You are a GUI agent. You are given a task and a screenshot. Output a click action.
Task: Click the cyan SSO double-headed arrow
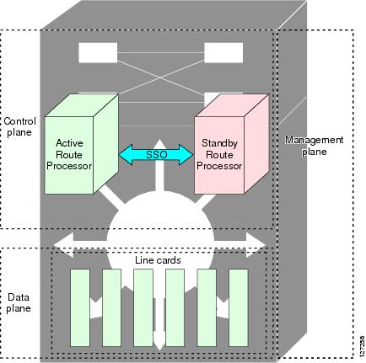click(x=156, y=154)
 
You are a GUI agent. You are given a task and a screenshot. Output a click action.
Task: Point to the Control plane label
click(x=19, y=126)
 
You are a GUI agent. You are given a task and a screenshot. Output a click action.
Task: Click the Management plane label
click(x=314, y=146)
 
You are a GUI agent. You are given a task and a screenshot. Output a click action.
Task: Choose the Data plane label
click(x=19, y=302)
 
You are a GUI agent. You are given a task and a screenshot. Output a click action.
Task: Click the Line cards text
click(x=158, y=260)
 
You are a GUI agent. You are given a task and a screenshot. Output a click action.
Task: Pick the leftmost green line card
click(x=80, y=307)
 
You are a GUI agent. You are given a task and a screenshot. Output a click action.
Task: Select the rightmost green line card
click(x=239, y=307)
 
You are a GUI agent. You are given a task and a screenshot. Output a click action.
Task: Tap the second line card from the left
click(x=111, y=307)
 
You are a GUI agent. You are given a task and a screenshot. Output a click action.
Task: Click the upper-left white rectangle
click(x=98, y=53)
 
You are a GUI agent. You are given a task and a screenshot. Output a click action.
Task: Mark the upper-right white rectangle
click(x=223, y=53)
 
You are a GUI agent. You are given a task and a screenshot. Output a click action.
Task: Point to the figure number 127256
click(x=362, y=346)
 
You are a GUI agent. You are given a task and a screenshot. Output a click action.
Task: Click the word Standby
click(x=219, y=143)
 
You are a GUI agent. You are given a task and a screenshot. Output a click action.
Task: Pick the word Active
click(x=69, y=143)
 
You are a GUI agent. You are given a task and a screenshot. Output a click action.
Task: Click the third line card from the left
click(x=143, y=307)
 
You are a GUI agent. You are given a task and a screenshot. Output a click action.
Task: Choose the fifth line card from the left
click(x=207, y=307)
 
